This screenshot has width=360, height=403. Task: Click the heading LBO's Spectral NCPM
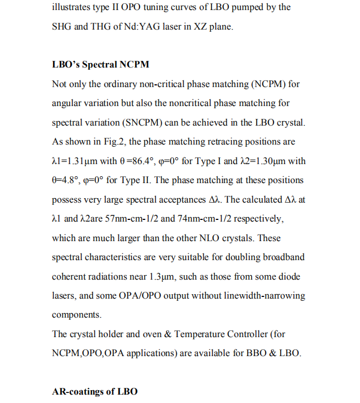(x=100, y=65)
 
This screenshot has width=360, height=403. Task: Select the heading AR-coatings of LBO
(x=94, y=391)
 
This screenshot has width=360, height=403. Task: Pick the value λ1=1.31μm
(x=75, y=161)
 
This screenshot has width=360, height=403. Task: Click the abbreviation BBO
(x=257, y=353)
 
